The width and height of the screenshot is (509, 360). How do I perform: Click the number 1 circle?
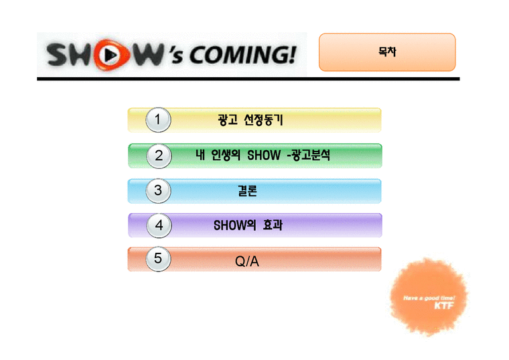pyautogui.click(x=158, y=121)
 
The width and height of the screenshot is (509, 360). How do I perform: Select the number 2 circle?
pyautogui.click(x=159, y=156)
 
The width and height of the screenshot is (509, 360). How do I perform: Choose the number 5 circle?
pyautogui.click(x=158, y=259)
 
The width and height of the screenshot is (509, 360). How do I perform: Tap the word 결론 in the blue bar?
pyautogui.click(x=247, y=191)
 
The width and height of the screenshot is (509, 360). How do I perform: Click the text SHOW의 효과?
pyautogui.click(x=247, y=226)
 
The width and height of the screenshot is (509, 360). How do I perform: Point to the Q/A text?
pyautogui.click(x=247, y=261)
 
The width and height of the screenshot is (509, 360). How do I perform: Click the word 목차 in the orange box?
pyautogui.click(x=386, y=52)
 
